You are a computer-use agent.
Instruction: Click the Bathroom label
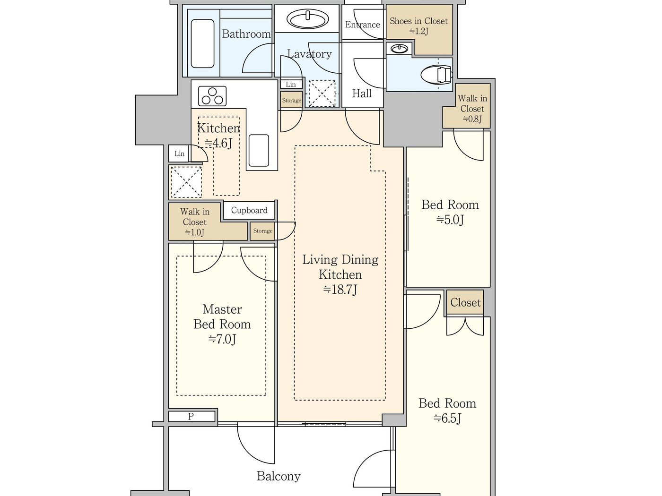[x=246, y=34]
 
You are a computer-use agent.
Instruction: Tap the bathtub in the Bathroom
[x=202, y=43]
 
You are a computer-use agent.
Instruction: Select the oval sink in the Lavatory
[x=308, y=20]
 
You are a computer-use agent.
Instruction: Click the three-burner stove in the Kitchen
[x=212, y=96]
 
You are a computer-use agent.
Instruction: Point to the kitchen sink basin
[x=259, y=150]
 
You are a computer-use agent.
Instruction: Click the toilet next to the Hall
[x=436, y=75]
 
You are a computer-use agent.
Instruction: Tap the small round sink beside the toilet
[x=400, y=49]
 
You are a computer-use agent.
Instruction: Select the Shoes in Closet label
[x=418, y=26]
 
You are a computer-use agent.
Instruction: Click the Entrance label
[x=362, y=25]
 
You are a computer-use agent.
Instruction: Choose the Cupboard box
[x=249, y=210]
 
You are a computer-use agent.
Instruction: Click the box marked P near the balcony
[x=192, y=416]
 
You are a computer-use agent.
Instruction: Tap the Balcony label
[x=279, y=476]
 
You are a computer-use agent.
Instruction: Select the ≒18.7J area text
[x=340, y=290]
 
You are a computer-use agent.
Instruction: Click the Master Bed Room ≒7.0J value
[x=222, y=339]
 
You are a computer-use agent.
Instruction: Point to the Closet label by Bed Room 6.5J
[x=465, y=302]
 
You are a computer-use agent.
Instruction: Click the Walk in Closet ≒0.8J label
[x=472, y=109]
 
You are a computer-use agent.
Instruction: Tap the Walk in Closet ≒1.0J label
[x=195, y=222]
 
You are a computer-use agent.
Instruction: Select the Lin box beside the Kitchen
[x=179, y=154]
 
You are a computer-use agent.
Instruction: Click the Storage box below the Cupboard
[x=263, y=231]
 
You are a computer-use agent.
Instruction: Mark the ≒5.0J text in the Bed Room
[x=450, y=220]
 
